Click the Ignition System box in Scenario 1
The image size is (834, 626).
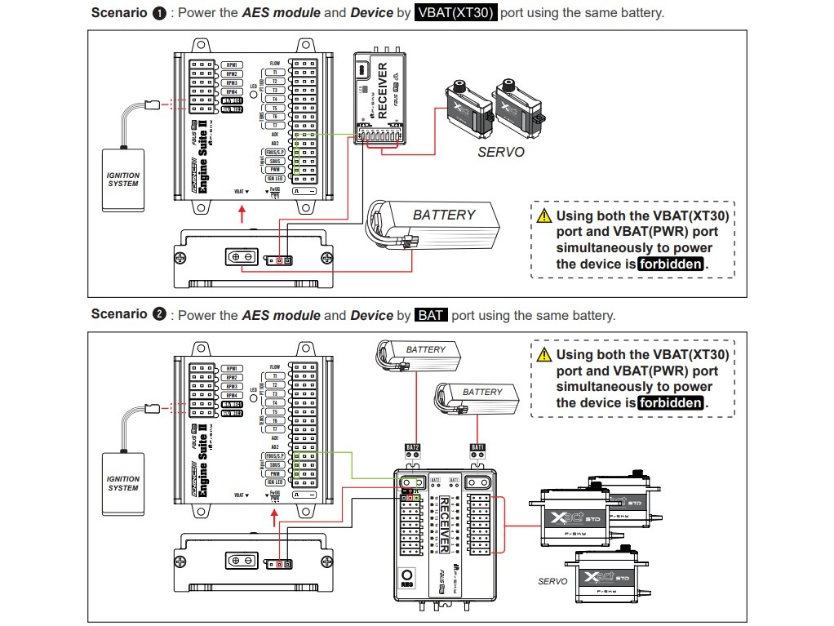tap(123, 180)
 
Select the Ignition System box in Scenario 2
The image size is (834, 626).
tap(123, 483)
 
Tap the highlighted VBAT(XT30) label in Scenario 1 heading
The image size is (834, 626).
tap(455, 13)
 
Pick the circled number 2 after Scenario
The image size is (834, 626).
tap(159, 315)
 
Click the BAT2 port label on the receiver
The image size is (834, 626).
tap(413, 447)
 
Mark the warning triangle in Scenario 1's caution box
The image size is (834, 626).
tap(544, 216)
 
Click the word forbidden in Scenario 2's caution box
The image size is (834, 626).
tap(670, 403)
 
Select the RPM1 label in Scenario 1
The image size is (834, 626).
tap(231, 64)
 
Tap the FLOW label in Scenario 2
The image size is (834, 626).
tap(275, 367)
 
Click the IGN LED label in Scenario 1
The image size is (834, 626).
tap(274, 179)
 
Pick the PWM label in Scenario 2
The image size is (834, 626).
tap(275, 473)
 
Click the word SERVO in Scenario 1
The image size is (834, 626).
tap(501, 153)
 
